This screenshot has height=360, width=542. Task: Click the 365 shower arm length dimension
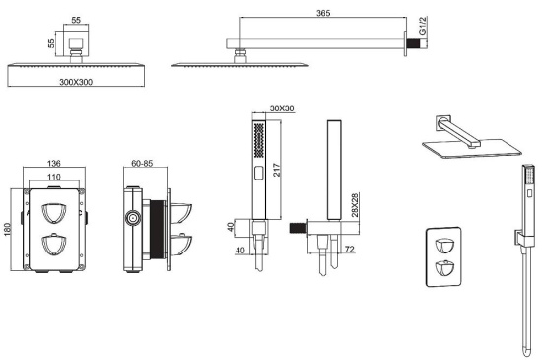[x=323, y=13]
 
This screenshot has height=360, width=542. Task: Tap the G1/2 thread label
[x=423, y=26]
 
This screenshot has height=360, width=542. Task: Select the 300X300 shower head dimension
[x=76, y=82]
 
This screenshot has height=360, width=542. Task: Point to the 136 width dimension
[x=54, y=163]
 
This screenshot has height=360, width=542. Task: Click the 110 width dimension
[x=54, y=177]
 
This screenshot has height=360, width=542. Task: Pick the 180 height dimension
[x=7, y=229]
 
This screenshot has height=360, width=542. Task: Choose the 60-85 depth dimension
[x=142, y=163]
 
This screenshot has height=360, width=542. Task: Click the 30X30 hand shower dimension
[x=282, y=108]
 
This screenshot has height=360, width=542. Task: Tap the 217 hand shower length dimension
[x=277, y=170]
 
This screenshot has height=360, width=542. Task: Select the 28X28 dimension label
[x=355, y=205]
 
